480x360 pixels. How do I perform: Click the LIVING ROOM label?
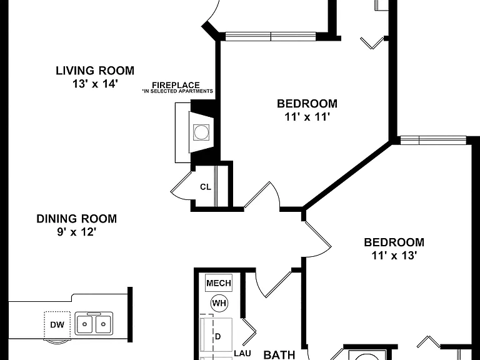(95, 71)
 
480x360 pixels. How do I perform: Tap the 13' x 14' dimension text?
(95, 84)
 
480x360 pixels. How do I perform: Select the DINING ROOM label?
(76, 219)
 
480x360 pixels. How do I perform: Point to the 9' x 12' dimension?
(76, 232)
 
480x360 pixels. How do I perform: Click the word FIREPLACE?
(176, 85)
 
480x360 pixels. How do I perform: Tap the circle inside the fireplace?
(201, 132)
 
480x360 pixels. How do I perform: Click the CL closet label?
(206, 187)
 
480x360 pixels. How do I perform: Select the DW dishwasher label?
(57, 324)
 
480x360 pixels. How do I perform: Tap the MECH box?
(219, 283)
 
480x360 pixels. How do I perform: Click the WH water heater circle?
(219, 303)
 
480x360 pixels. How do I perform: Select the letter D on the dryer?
(217, 337)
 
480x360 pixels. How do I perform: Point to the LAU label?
(242, 354)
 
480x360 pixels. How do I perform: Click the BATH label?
(279, 355)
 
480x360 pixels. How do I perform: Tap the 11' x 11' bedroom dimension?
(307, 117)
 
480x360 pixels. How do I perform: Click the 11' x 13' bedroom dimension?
(394, 255)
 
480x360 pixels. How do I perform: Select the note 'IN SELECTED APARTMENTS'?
(177, 91)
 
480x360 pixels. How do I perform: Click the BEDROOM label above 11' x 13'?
(394, 242)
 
